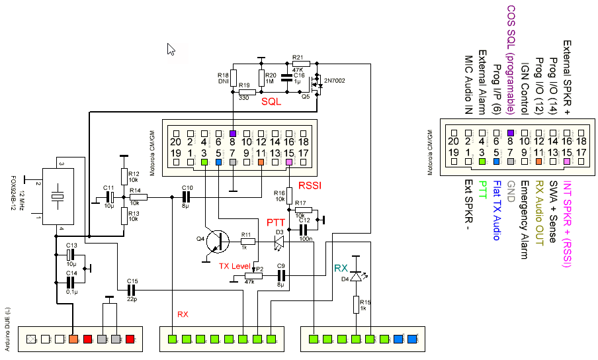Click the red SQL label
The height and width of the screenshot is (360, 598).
pyautogui.click(x=271, y=102)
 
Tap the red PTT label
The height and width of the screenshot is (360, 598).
pyautogui.click(x=276, y=222)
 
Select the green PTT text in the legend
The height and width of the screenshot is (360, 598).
pyautogui.click(x=483, y=192)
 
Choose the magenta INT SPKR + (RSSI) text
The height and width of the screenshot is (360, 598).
pyautogui.click(x=568, y=218)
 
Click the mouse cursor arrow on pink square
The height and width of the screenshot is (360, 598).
pyautogui.click(x=171, y=50)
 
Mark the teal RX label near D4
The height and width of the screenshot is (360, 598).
pyautogui.click(x=341, y=268)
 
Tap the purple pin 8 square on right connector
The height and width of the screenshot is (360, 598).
pyautogui.click(x=511, y=132)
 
